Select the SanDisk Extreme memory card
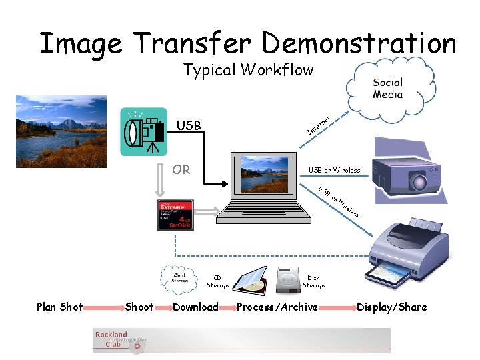175,215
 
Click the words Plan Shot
60,307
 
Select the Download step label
195,307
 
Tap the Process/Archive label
277,307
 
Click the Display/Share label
391,307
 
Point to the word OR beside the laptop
181,169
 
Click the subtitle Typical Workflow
248,70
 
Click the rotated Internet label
319,123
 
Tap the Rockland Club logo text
111,339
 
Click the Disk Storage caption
313,281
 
